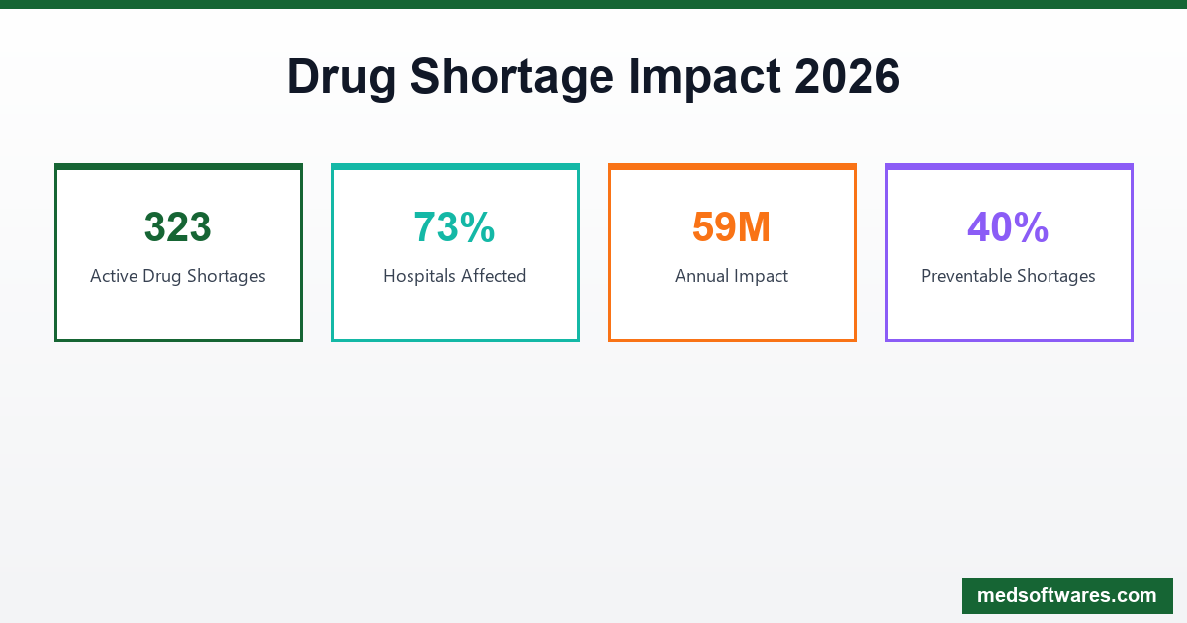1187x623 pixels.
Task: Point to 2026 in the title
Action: click(x=847, y=77)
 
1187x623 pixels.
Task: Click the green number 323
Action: click(x=178, y=227)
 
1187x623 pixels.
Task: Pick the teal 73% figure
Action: click(x=455, y=227)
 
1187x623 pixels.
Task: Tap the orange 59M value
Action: click(x=732, y=227)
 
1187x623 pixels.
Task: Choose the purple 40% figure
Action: click(x=1008, y=227)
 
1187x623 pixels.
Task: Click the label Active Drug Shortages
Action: click(x=178, y=276)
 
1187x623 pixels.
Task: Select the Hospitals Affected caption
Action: click(x=455, y=276)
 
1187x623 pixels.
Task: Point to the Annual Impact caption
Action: click(x=732, y=276)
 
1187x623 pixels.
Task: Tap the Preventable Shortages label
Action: click(x=1008, y=276)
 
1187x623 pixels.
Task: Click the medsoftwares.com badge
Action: click(x=1067, y=596)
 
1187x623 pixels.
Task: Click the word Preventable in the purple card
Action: click(x=968, y=276)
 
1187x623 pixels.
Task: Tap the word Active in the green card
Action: click(x=114, y=276)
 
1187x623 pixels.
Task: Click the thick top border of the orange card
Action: click(x=732, y=167)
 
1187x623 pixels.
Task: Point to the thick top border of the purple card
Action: click(x=1009, y=167)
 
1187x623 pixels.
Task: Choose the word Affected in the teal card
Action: click(x=494, y=276)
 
